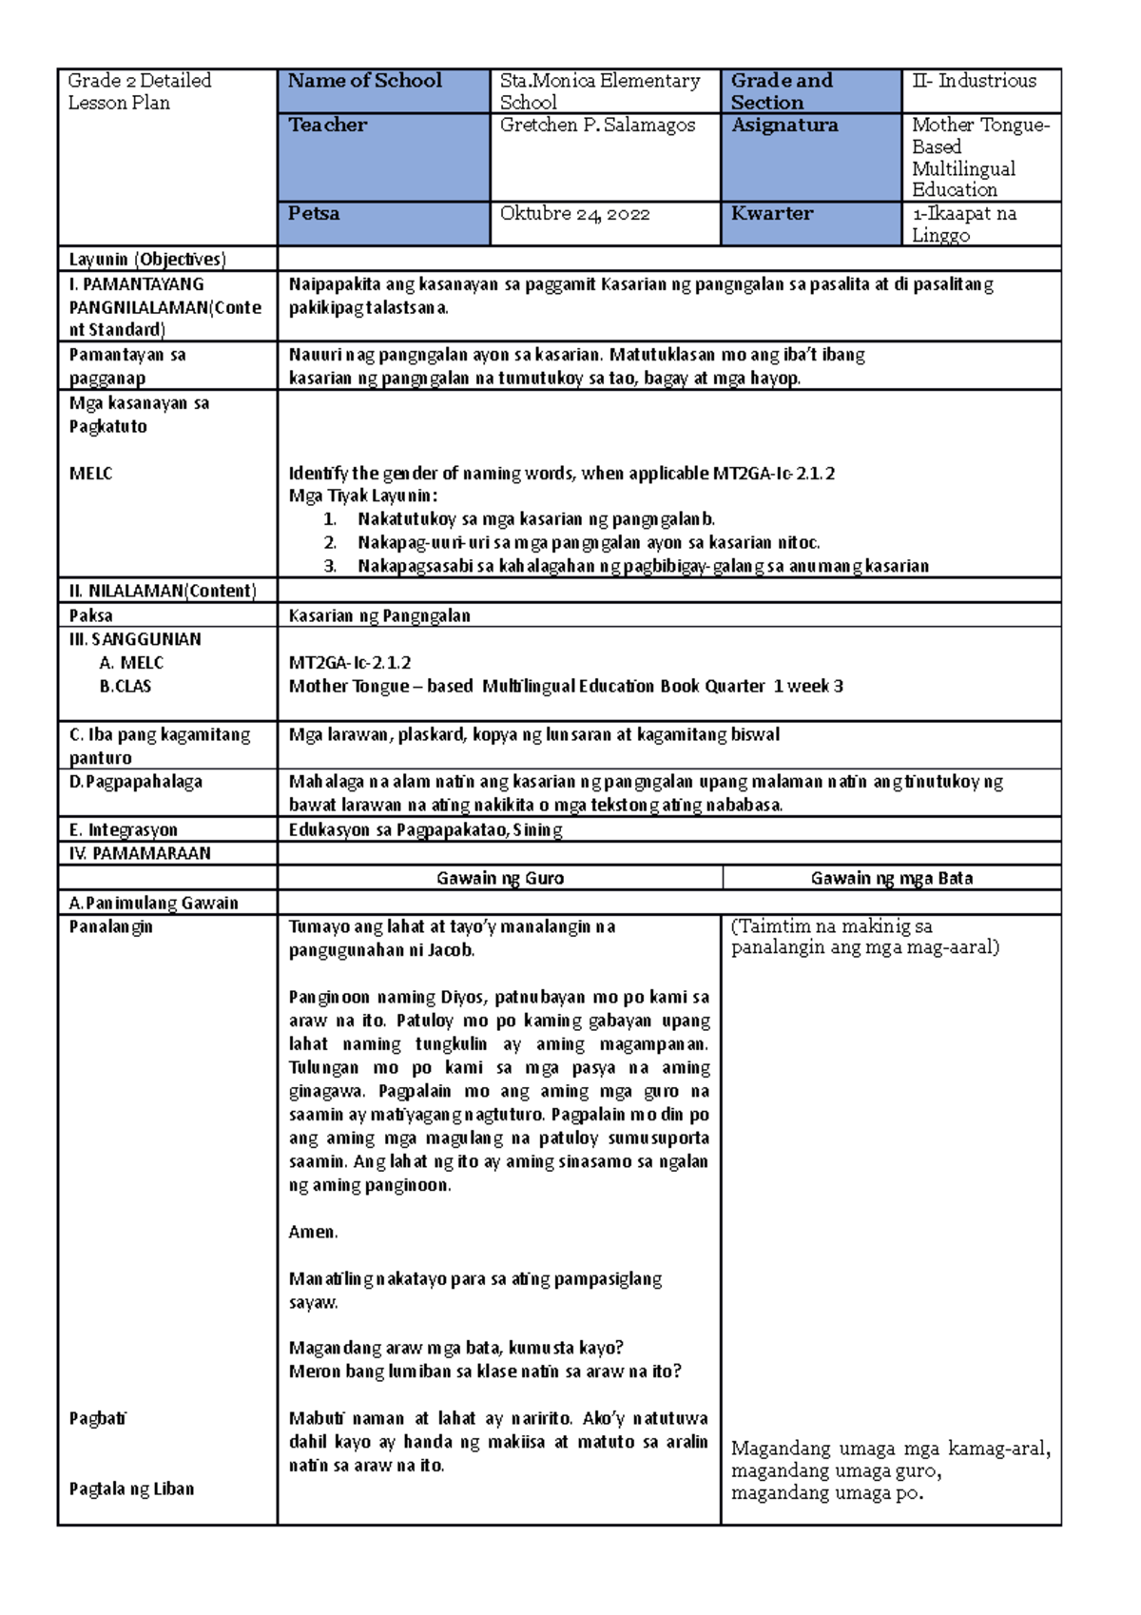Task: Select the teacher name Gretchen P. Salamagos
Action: (x=597, y=126)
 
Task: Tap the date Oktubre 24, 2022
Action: (x=574, y=214)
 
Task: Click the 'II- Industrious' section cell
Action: (x=974, y=82)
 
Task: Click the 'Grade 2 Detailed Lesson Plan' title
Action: (x=139, y=91)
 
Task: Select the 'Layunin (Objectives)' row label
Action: (x=146, y=259)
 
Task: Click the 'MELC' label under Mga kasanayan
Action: (x=90, y=474)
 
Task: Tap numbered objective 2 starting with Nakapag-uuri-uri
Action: (x=588, y=543)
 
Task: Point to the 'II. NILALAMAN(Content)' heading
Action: (x=162, y=591)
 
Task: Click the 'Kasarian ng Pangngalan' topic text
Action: (x=379, y=615)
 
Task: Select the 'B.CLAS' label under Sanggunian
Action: (x=125, y=686)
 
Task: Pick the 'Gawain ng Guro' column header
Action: (x=500, y=878)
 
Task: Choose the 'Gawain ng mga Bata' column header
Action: (x=891, y=878)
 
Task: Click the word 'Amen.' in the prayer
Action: (x=313, y=1232)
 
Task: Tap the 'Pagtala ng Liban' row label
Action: (x=131, y=1489)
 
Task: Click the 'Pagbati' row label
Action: (x=98, y=1418)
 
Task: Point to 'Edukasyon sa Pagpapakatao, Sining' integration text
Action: (x=425, y=829)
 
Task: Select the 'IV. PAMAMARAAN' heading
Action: (x=140, y=853)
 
